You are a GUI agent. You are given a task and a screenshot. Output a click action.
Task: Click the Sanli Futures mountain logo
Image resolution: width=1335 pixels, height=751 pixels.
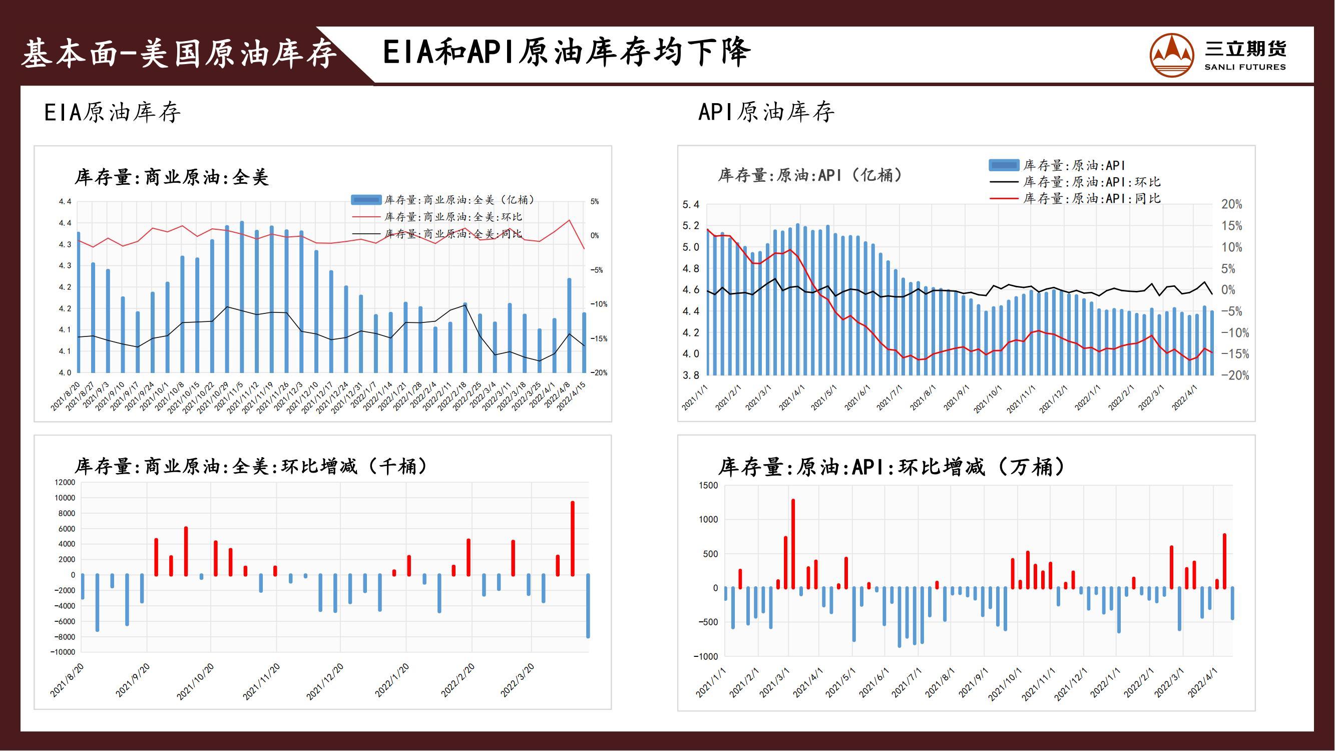point(1172,55)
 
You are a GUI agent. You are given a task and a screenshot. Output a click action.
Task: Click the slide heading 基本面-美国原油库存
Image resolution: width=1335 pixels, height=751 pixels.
point(179,54)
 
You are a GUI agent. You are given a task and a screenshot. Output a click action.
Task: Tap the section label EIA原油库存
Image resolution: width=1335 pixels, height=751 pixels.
point(113,112)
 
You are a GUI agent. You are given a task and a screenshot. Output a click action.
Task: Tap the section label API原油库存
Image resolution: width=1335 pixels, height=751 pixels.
point(766,112)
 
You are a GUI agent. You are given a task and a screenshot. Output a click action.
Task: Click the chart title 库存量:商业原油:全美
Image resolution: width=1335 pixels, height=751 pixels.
point(172,177)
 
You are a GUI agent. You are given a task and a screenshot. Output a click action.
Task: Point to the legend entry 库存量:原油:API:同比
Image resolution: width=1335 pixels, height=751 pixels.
point(1075,198)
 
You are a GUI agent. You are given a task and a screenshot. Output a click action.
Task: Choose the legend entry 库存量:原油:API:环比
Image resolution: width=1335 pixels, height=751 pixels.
point(1075,182)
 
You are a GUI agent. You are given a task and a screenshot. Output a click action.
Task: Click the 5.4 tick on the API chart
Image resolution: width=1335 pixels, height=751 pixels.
point(691,205)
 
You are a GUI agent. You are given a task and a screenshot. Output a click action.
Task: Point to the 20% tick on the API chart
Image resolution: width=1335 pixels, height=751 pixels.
point(1232,204)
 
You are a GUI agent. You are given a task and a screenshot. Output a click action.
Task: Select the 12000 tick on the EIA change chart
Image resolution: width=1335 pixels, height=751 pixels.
point(65,483)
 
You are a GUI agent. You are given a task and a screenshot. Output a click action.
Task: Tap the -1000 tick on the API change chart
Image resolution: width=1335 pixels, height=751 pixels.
point(706,657)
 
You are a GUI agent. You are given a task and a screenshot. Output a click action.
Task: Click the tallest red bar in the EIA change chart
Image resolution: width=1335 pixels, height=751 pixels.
point(573,539)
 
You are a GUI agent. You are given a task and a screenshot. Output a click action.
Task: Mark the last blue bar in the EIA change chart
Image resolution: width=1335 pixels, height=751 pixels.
point(588,606)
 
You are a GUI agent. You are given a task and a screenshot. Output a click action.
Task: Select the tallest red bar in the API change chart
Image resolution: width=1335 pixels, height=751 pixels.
point(793,544)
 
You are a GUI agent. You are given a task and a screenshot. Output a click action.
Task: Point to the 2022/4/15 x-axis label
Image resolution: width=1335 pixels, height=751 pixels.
point(572,397)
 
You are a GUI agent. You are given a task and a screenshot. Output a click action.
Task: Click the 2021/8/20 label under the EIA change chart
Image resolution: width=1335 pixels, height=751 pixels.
point(67,680)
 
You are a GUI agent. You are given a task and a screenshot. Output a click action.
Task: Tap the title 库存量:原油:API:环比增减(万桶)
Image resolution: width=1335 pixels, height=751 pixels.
point(892,467)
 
